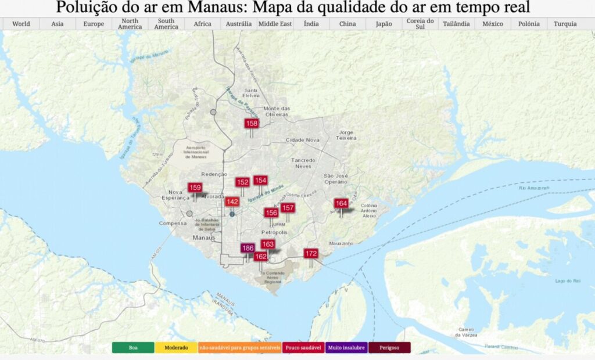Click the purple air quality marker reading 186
pyautogui.click(x=248, y=248)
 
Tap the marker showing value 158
pyautogui.click(x=252, y=123)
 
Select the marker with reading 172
pyautogui.click(x=311, y=253)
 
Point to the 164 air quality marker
pyautogui.click(x=341, y=203)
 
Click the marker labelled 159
pyautogui.click(x=195, y=188)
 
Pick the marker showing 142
pyautogui.click(x=232, y=201)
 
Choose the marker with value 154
pyautogui.click(x=260, y=180)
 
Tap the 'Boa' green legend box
pyautogui.click(x=133, y=348)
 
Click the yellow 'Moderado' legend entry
pyautogui.click(x=176, y=348)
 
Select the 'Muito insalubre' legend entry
pyautogui.click(x=347, y=348)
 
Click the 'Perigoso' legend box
pyautogui.click(x=389, y=348)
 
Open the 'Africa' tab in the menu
pyautogui.click(x=202, y=24)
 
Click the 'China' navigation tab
pyautogui.click(x=347, y=24)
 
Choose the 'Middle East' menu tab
pyautogui.click(x=275, y=24)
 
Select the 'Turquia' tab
pyautogui.click(x=565, y=24)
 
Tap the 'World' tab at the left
pyautogui.click(x=21, y=24)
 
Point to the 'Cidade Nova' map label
pyautogui.click(x=303, y=140)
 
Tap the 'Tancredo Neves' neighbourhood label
pyautogui.click(x=303, y=163)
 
